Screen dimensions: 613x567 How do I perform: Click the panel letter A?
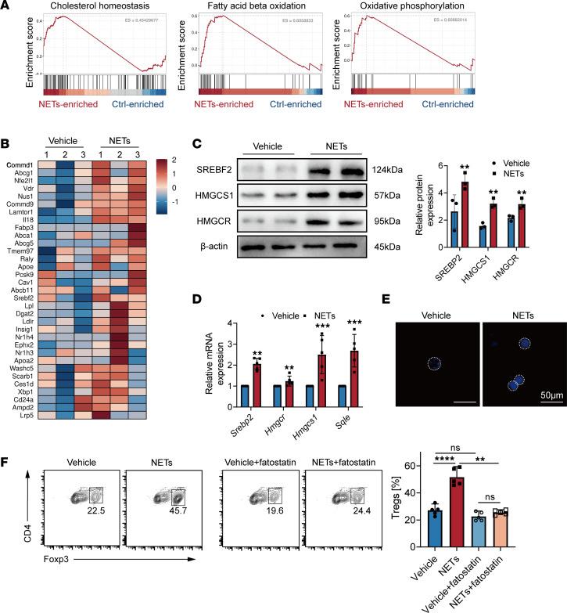pos(6,6)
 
